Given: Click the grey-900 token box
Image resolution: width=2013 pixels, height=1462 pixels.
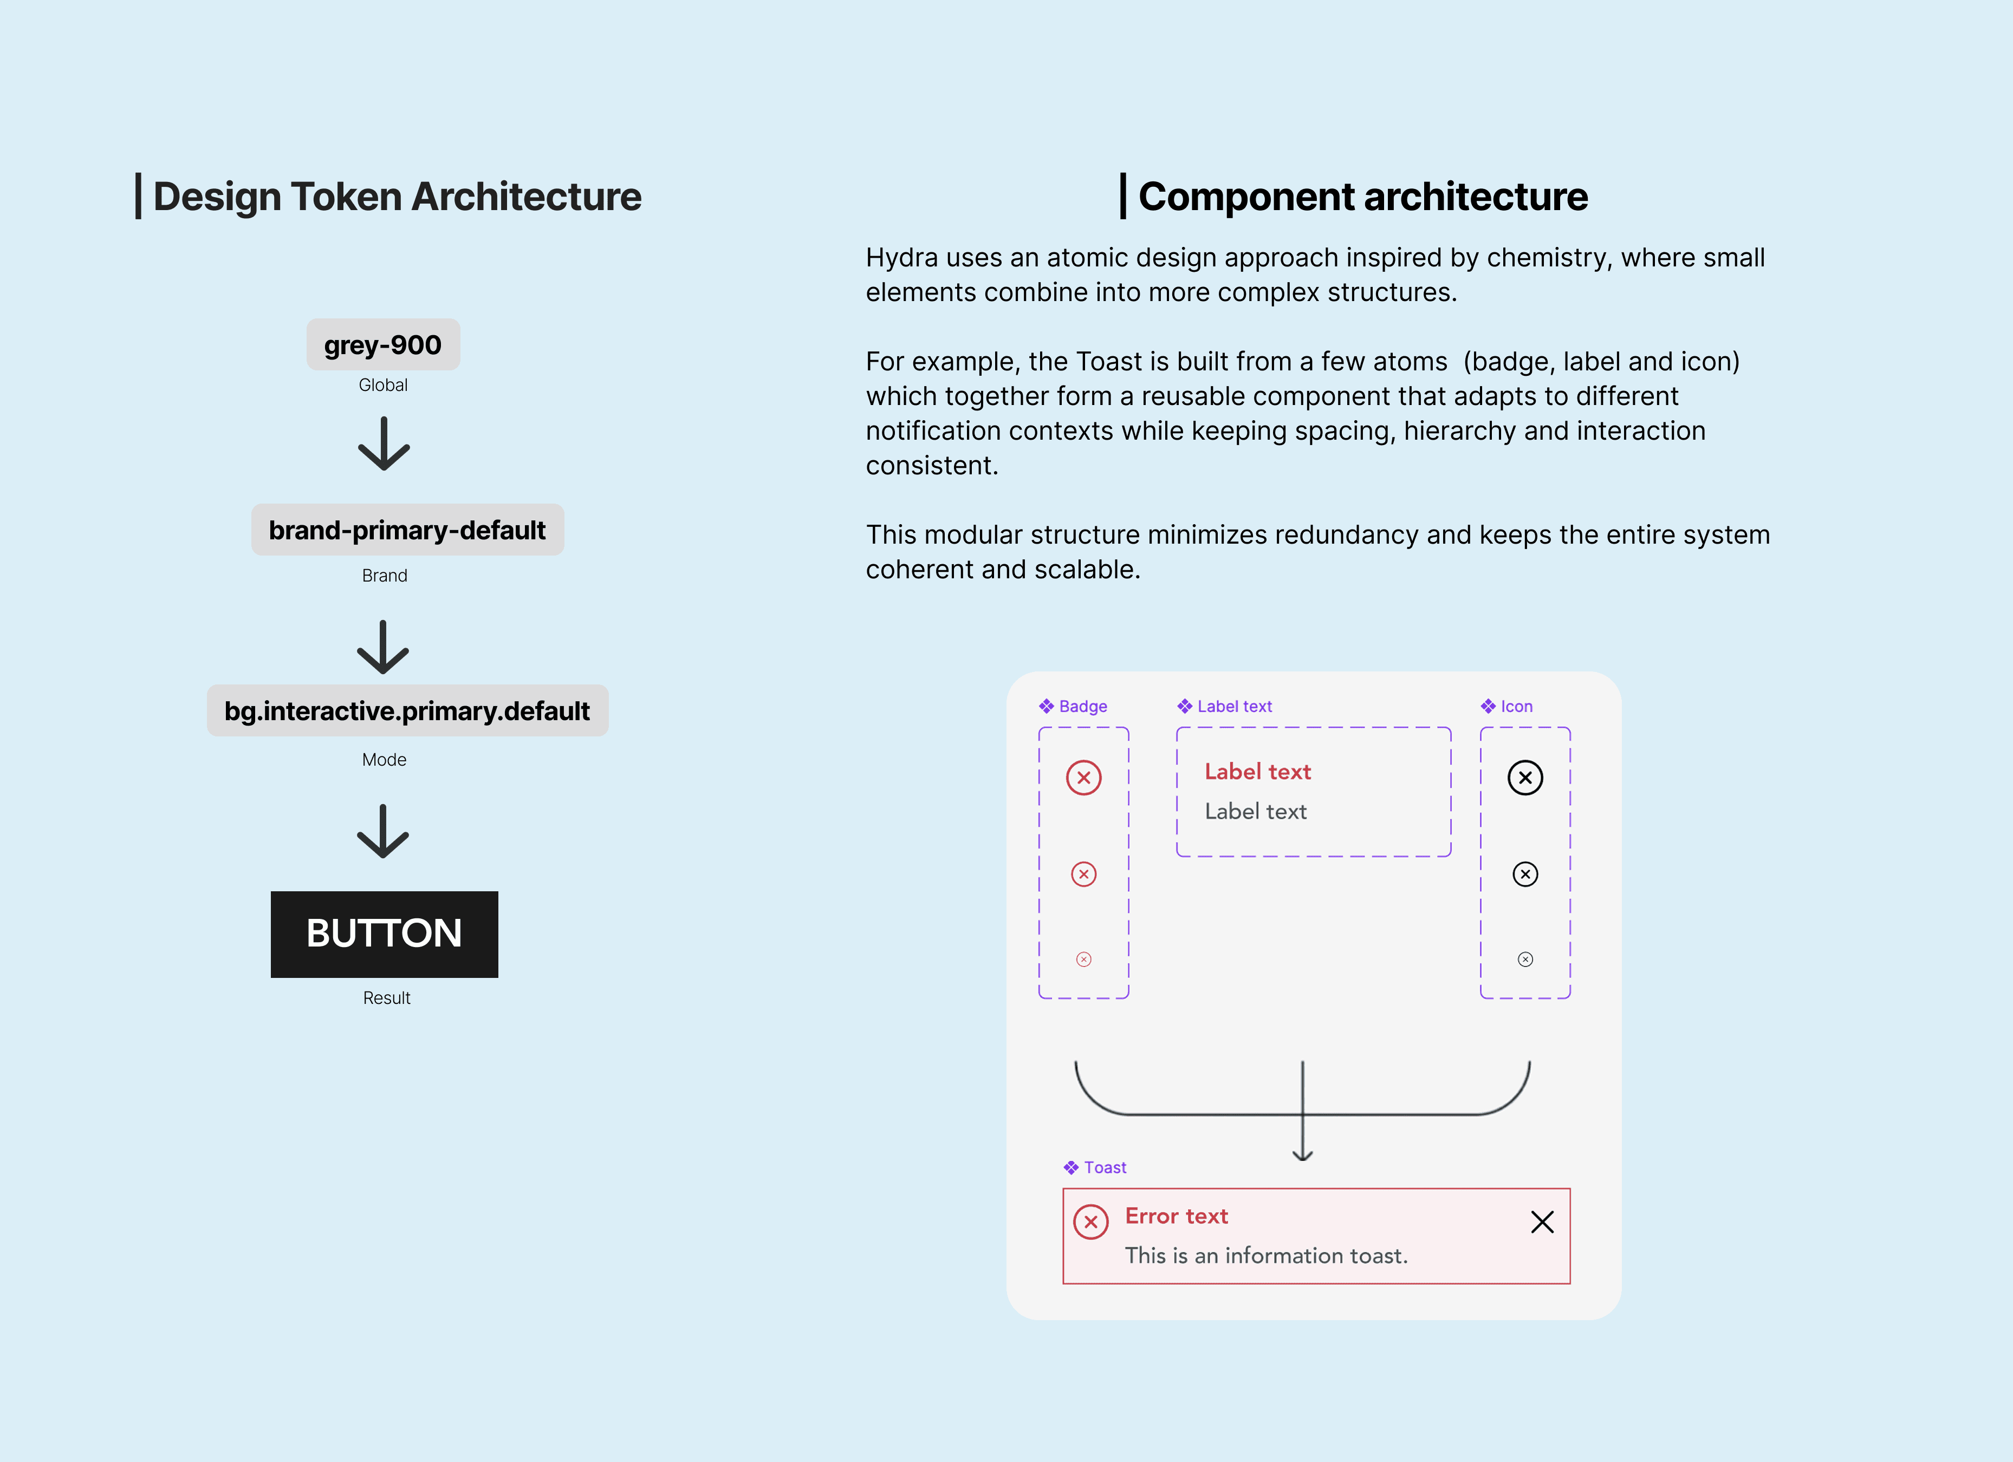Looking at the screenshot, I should pyautogui.click(x=382, y=344).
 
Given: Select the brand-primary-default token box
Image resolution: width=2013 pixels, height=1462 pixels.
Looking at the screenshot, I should pyautogui.click(x=407, y=530).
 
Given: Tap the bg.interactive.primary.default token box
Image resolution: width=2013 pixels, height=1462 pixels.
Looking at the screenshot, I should pyautogui.click(x=407, y=710).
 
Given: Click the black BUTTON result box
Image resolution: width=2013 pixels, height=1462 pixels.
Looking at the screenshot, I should pyautogui.click(x=384, y=934).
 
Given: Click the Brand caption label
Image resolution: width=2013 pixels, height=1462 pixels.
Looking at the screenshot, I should pyautogui.click(x=384, y=576).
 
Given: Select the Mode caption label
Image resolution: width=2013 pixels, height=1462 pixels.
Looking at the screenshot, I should pyautogui.click(x=384, y=759).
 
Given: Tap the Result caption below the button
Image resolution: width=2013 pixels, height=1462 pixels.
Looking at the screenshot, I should pyautogui.click(x=386, y=998).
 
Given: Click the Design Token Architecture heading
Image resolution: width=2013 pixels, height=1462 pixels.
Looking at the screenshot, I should pyautogui.click(x=397, y=196).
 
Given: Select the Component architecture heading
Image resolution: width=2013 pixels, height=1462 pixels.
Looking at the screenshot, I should pyautogui.click(x=1362, y=196).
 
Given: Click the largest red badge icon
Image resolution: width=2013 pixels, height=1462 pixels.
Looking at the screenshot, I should pyautogui.click(x=1084, y=778).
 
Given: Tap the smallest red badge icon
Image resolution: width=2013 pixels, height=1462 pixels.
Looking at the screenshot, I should pyautogui.click(x=1084, y=959).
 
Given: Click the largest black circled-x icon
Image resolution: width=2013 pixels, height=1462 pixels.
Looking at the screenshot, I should pyautogui.click(x=1525, y=778).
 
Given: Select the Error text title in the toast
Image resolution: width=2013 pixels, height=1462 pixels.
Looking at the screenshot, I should pyautogui.click(x=1176, y=1216).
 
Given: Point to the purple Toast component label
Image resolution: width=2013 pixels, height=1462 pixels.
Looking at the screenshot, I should pyautogui.click(x=1104, y=1167).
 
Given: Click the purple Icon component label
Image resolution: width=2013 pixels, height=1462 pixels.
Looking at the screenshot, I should pyautogui.click(x=1516, y=706).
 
